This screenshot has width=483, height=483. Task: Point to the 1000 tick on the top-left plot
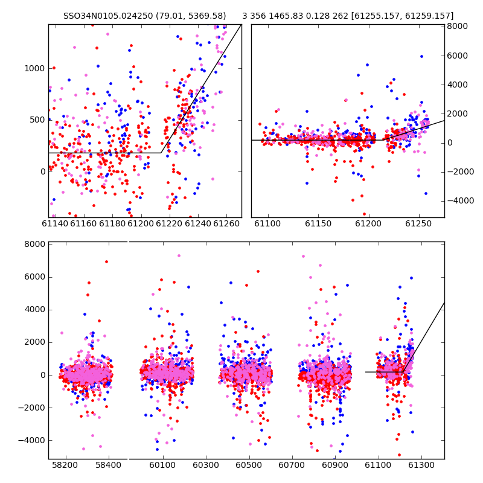pos(34,68)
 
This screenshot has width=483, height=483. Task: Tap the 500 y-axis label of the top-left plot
pos(37,120)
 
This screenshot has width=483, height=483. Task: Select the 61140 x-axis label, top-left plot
pos(55,223)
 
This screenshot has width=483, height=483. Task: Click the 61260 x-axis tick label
pos(226,223)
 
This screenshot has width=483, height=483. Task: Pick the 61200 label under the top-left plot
pos(141,223)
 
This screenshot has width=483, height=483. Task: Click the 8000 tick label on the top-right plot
pos(458,26)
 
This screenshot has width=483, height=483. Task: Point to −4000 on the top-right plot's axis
pos(461,201)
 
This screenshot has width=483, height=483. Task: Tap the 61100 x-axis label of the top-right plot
pos(267,223)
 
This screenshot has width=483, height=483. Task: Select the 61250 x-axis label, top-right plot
pos(418,223)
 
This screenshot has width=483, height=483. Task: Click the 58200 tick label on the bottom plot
pos(65,465)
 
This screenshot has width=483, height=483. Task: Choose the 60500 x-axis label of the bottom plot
pos(249,465)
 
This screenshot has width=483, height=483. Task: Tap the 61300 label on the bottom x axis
pos(421,465)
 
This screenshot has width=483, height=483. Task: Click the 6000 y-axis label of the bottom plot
pos(35,277)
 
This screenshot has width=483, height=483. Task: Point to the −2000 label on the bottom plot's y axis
pos(32,408)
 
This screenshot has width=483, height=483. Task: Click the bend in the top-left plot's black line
pos(161,153)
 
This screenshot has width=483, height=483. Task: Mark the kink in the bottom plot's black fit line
pos(403,372)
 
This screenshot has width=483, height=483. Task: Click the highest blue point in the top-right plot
pos(421,56)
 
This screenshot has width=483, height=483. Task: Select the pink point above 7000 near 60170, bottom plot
pos(179,255)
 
